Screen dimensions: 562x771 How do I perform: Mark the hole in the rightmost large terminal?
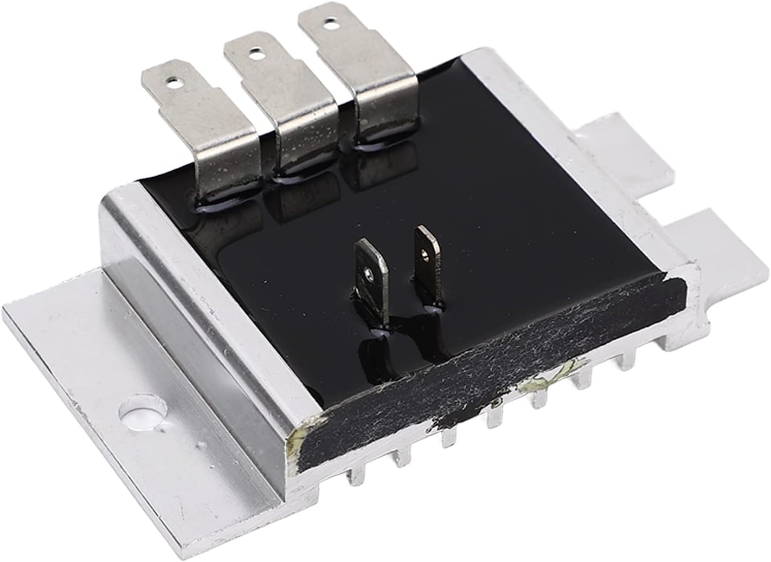(326, 23)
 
